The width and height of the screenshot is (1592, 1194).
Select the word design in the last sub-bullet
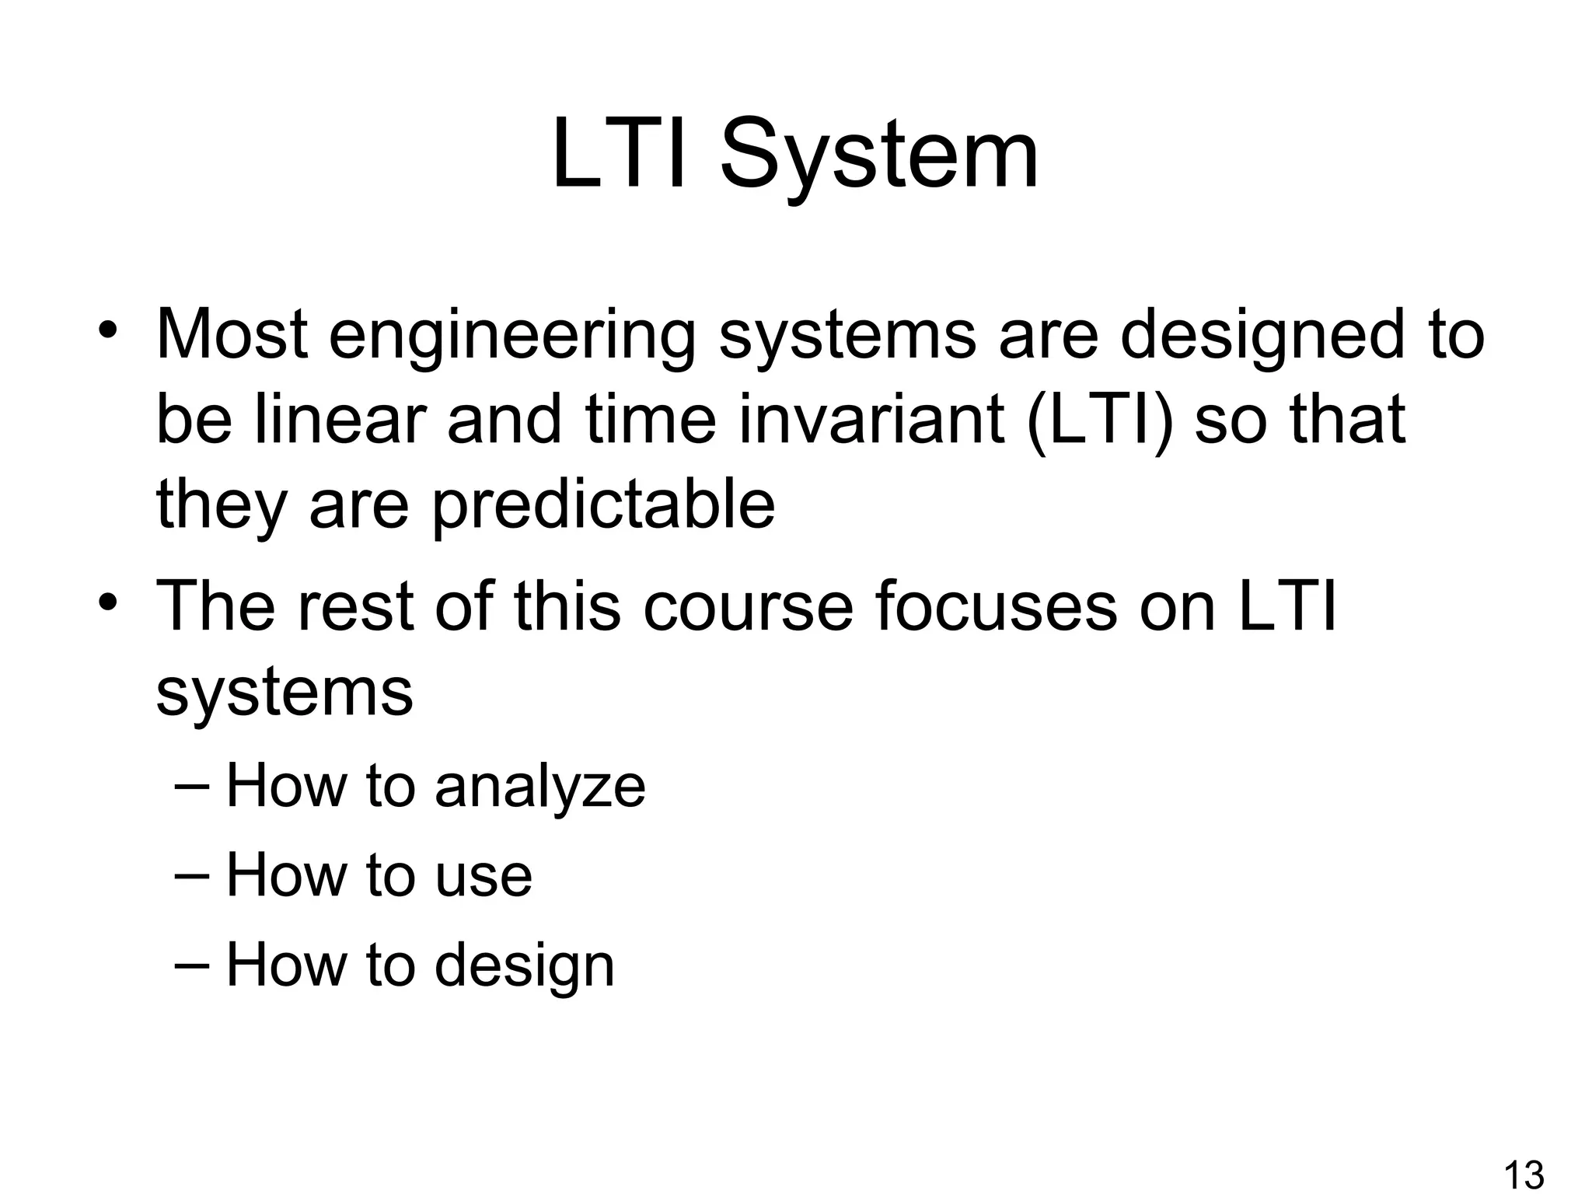coord(525,965)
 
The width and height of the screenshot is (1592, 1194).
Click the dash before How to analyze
coord(192,785)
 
